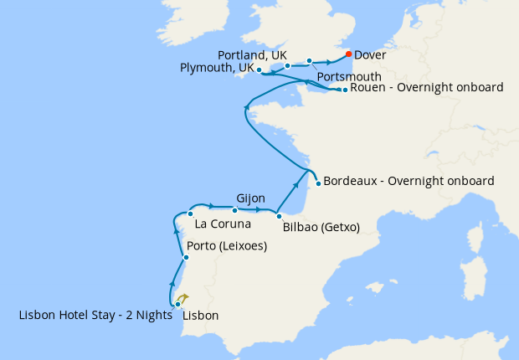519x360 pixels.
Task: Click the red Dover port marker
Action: click(348, 54)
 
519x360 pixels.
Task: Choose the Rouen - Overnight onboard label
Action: click(426, 87)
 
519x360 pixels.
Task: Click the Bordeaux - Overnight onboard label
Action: click(409, 180)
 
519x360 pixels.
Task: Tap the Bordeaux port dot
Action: click(318, 183)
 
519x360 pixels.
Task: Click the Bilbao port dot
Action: click(279, 216)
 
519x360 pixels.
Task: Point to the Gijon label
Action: click(251, 198)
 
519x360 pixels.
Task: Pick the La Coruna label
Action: click(222, 224)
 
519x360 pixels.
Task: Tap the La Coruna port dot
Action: click(191, 213)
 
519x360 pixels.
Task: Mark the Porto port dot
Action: click(186, 257)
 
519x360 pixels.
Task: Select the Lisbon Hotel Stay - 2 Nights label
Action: click(95, 316)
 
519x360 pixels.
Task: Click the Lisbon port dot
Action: click(177, 304)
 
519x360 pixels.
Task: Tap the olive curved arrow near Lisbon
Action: click(183, 297)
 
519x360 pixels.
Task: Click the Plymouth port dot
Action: click(259, 70)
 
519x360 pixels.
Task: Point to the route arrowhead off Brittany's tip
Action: click(247, 106)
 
